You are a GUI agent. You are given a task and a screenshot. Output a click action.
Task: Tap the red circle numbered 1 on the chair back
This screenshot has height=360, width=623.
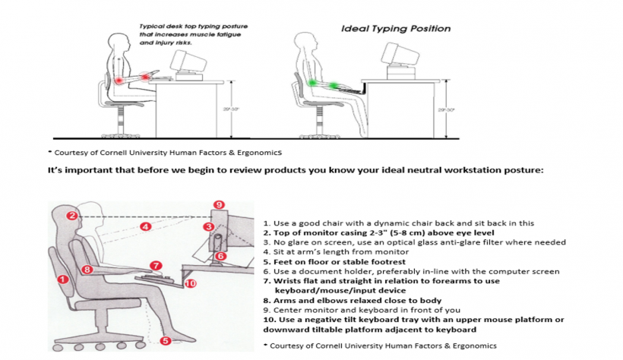63,279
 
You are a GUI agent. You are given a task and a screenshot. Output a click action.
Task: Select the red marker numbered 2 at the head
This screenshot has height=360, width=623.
71,216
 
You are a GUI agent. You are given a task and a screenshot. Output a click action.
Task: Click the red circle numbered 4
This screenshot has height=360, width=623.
144,226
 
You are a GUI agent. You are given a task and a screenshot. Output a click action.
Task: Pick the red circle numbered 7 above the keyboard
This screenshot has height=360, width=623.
155,266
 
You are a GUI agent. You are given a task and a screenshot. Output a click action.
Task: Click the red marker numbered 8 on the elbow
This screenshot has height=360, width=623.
87,269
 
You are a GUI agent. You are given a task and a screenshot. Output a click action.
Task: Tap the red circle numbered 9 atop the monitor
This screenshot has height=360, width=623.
219,205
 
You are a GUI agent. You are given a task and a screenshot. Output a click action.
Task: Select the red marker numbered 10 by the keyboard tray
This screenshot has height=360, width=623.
190,283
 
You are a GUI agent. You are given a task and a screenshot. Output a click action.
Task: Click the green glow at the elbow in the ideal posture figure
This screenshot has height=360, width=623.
311,81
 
